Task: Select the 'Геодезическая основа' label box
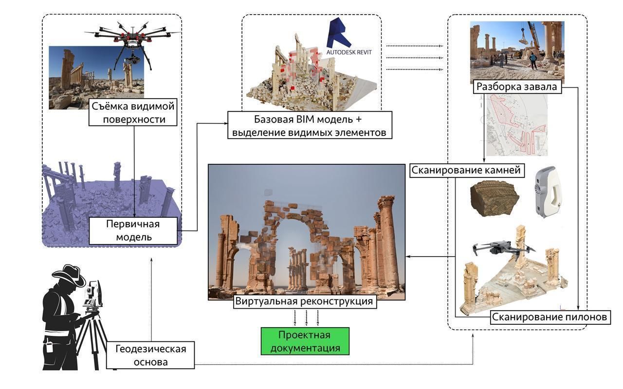click(151, 355)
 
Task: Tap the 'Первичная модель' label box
click(133, 230)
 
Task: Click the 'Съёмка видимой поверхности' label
click(133, 112)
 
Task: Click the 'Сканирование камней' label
click(466, 170)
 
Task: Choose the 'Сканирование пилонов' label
click(550, 318)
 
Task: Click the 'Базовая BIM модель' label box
click(310, 125)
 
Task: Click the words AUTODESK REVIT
click(348, 52)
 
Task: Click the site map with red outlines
click(517, 125)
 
